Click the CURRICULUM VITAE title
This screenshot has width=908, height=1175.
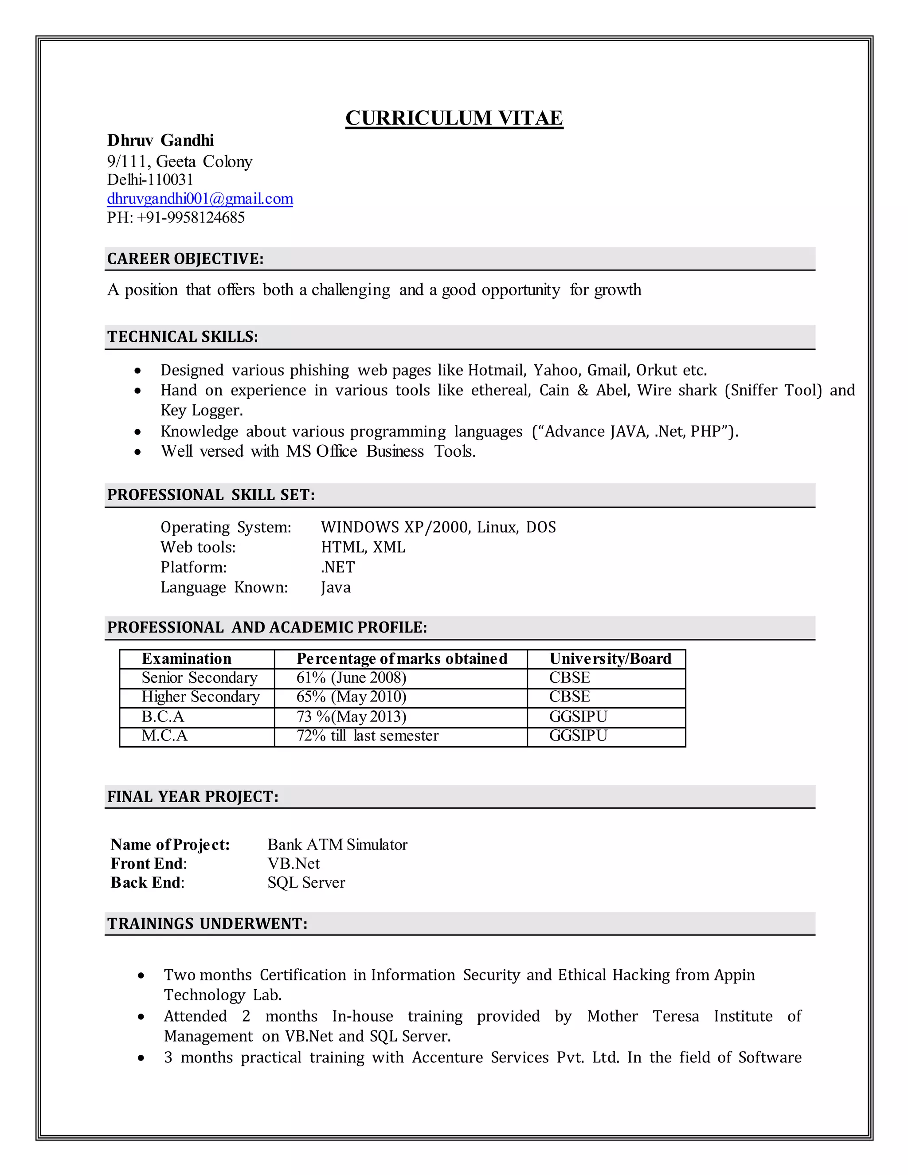click(454, 118)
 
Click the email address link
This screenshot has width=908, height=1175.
click(200, 199)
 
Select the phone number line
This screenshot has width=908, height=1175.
click(176, 217)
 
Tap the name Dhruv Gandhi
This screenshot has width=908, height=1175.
click(160, 141)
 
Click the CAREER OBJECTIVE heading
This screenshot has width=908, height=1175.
click(185, 259)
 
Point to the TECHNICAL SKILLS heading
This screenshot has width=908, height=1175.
click(182, 337)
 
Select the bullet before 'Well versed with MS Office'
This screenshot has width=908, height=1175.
click(138, 452)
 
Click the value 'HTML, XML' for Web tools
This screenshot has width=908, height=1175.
click(363, 547)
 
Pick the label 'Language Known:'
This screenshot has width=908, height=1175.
click(224, 587)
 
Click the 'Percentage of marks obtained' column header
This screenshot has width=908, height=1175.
click(401, 659)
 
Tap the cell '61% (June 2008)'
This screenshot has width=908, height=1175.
click(351, 678)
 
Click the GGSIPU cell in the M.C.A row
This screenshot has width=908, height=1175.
click(578, 736)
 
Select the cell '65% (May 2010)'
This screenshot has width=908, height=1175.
click(351, 697)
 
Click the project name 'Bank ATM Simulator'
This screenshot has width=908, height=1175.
click(337, 845)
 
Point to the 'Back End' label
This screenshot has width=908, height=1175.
click(147, 883)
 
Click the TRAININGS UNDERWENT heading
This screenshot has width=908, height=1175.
click(207, 924)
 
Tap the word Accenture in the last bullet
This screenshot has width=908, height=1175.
click(447, 1057)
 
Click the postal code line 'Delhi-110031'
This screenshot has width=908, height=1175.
click(150, 180)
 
